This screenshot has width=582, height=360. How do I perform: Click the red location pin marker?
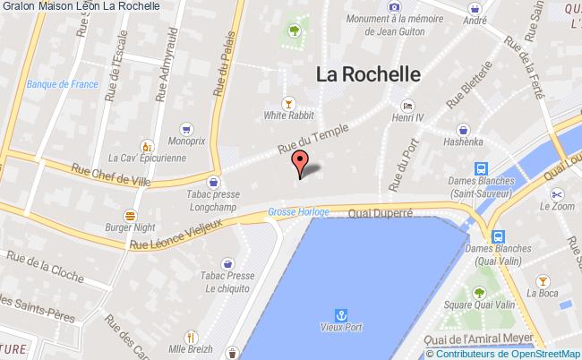(300, 163)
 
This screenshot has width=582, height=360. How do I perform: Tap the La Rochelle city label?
(368, 75)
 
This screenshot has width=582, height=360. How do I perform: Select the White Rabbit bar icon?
(287, 101)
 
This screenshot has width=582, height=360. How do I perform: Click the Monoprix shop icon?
(184, 128)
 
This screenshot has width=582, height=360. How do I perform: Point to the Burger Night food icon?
(131, 215)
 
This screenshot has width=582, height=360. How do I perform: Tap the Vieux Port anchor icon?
(340, 314)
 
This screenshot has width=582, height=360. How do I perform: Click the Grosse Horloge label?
(298, 212)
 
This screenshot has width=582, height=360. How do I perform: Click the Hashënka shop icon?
(462, 128)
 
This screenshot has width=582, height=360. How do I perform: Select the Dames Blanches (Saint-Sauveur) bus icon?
(481, 168)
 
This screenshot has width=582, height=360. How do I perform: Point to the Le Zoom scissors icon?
(556, 193)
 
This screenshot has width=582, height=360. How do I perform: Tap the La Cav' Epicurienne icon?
(145, 145)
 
